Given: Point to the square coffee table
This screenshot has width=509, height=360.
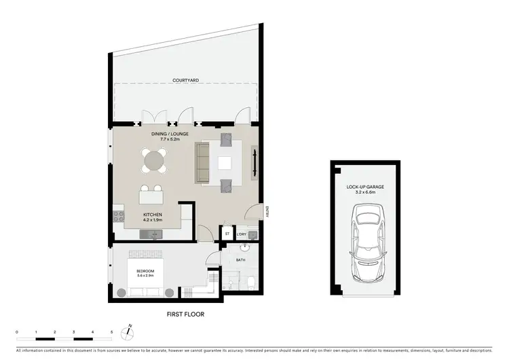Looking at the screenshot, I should coord(225,162).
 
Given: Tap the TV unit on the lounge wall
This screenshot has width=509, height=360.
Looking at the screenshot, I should coord(255,162).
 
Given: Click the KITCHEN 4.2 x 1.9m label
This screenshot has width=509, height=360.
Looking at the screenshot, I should coord(152,217).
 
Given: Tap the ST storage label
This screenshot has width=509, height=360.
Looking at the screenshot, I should coord(227,234).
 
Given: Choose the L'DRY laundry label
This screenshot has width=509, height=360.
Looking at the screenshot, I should coord(241,234).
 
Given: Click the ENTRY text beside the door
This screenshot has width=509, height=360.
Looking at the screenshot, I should coord(269,211).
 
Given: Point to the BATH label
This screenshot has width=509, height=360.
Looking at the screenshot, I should coord(240,259).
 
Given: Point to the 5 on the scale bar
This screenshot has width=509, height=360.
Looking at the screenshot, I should coord(111,333).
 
